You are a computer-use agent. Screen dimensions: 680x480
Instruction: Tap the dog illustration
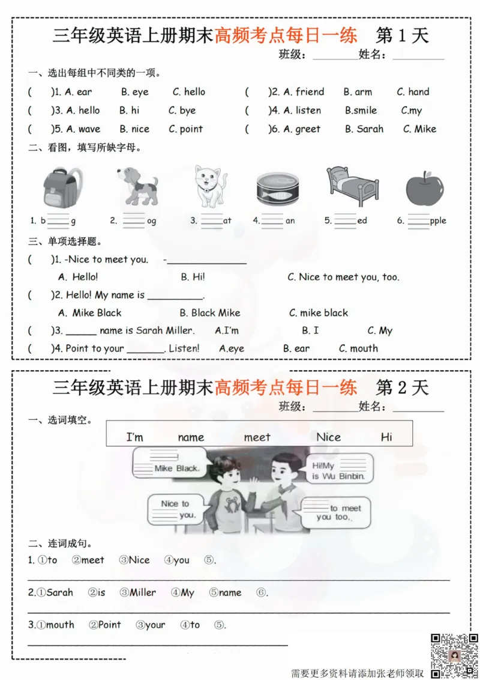click(137, 186)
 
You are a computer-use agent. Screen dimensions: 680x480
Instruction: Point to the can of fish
click(277, 189)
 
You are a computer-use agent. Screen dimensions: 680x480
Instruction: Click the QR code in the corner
click(454, 655)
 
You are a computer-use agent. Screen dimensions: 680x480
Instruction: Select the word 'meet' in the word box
click(257, 437)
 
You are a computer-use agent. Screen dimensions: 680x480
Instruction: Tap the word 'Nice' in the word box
click(328, 437)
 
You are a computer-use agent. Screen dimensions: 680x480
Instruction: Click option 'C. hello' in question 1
click(189, 92)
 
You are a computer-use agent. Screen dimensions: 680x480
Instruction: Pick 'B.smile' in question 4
click(361, 111)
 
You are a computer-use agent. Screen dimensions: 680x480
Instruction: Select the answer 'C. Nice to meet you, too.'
click(343, 277)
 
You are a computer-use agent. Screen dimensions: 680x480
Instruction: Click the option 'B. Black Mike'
click(209, 312)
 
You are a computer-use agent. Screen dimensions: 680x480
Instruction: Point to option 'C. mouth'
click(359, 348)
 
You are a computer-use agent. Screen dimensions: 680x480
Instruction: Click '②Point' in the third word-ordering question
click(105, 625)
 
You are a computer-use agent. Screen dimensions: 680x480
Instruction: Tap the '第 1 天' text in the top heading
click(402, 35)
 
